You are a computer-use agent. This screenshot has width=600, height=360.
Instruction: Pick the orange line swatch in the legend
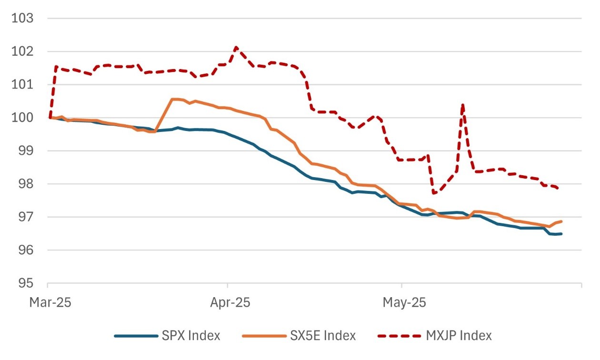[x=264, y=336]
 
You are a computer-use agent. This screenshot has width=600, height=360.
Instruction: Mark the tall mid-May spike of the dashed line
[x=462, y=105]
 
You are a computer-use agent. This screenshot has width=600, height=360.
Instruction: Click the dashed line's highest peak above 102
[x=236, y=47]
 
